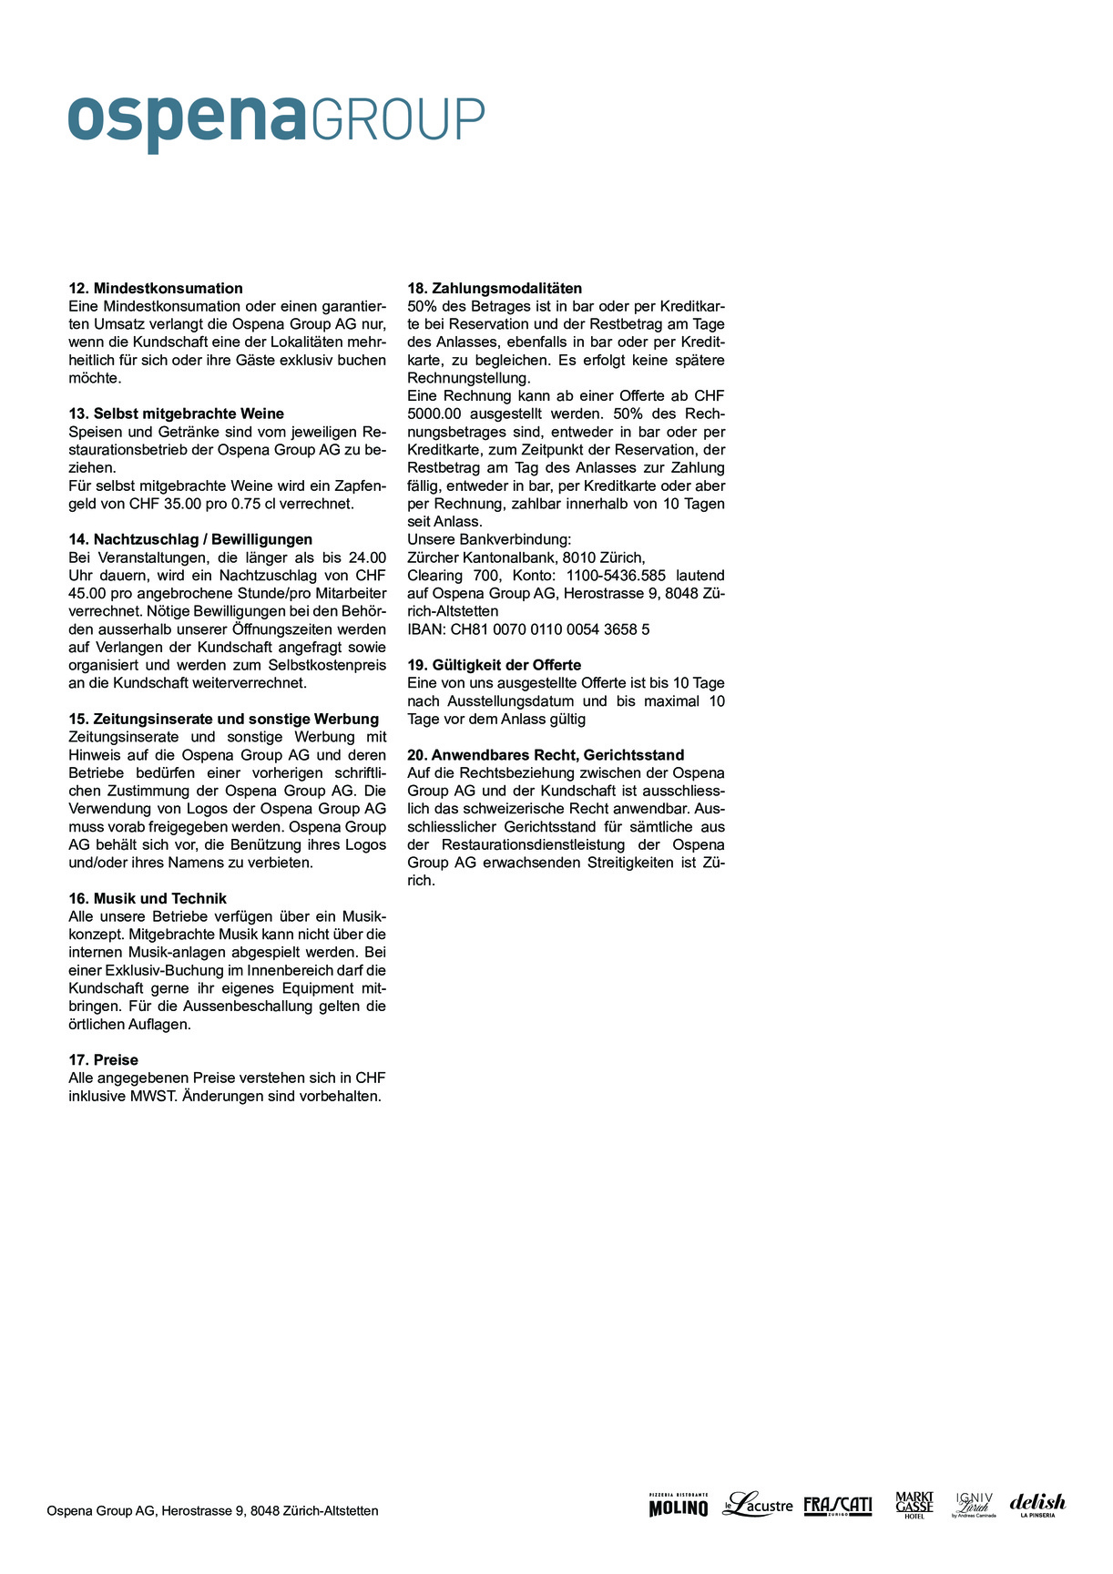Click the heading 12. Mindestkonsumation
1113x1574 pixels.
[156, 289]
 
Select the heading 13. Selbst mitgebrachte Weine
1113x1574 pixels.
[177, 414]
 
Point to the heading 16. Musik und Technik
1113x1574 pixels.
[148, 898]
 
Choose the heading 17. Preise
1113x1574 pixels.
[104, 1059]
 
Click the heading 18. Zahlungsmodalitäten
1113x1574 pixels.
[495, 289]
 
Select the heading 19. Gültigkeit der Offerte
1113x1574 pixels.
[494, 665]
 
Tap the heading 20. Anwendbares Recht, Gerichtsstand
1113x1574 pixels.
[546, 755]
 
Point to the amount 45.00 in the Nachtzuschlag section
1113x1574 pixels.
[87, 593]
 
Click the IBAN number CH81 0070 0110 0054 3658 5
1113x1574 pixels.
[550, 629]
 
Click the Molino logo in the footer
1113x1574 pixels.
[678, 1507]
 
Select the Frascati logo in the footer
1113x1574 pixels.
[837, 1506]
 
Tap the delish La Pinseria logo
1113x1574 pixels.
[1037, 1505]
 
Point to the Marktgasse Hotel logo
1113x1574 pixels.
[914, 1505]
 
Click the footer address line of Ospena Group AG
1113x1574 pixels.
[212, 1510]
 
